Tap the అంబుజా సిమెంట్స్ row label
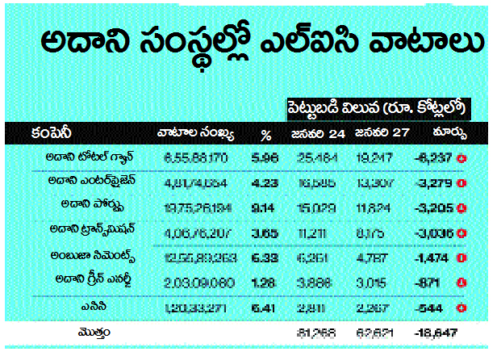tap(86, 256)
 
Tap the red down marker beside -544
tap(463, 308)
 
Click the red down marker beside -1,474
tap(463, 257)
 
